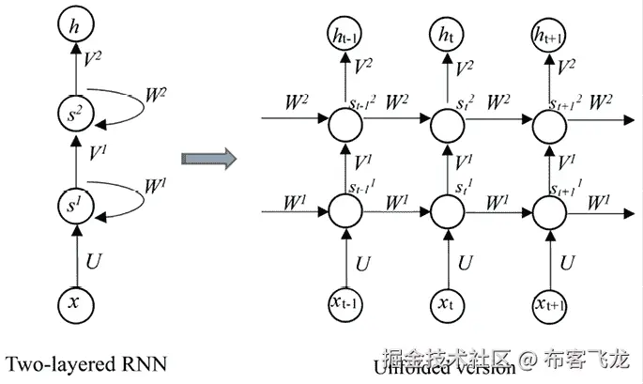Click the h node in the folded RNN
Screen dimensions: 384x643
coord(74,25)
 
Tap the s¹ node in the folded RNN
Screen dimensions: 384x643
coord(74,203)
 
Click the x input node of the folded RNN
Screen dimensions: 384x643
coord(74,301)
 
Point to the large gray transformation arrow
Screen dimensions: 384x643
coord(207,157)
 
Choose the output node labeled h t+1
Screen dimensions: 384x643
coord(547,36)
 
